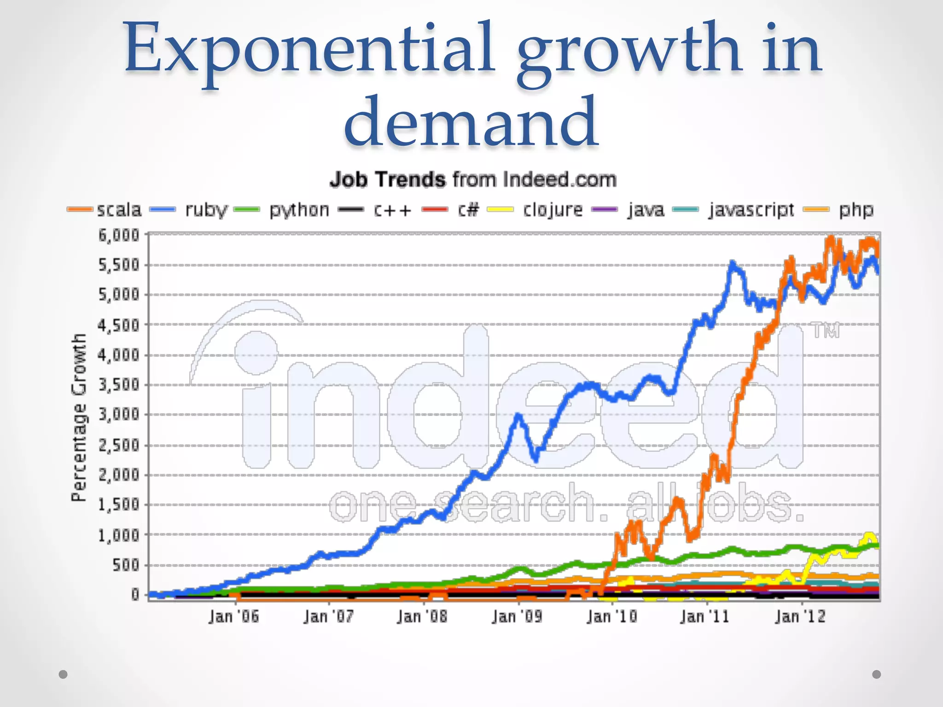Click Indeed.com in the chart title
click(x=559, y=180)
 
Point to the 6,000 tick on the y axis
click(x=119, y=235)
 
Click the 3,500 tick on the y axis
click(x=119, y=385)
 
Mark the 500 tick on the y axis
click(x=125, y=565)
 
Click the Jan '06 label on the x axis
click(x=233, y=616)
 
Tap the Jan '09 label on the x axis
click(x=517, y=616)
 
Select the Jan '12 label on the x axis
click(x=800, y=616)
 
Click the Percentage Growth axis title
click(x=79, y=417)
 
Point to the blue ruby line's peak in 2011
click(x=733, y=263)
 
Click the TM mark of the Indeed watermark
click(x=826, y=330)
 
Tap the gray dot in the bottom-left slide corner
click(x=63, y=674)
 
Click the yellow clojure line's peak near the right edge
click(x=869, y=535)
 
